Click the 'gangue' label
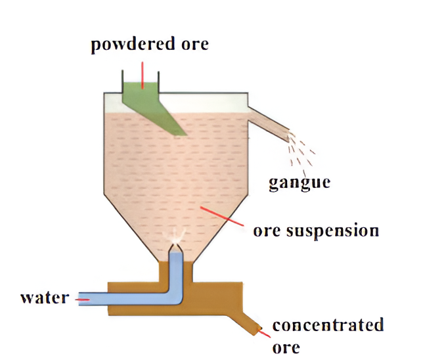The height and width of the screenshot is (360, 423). (x=299, y=182)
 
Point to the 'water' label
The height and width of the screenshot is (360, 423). (x=45, y=298)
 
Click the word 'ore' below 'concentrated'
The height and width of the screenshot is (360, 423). (x=286, y=346)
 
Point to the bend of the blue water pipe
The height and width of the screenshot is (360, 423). (x=174, y=298)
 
